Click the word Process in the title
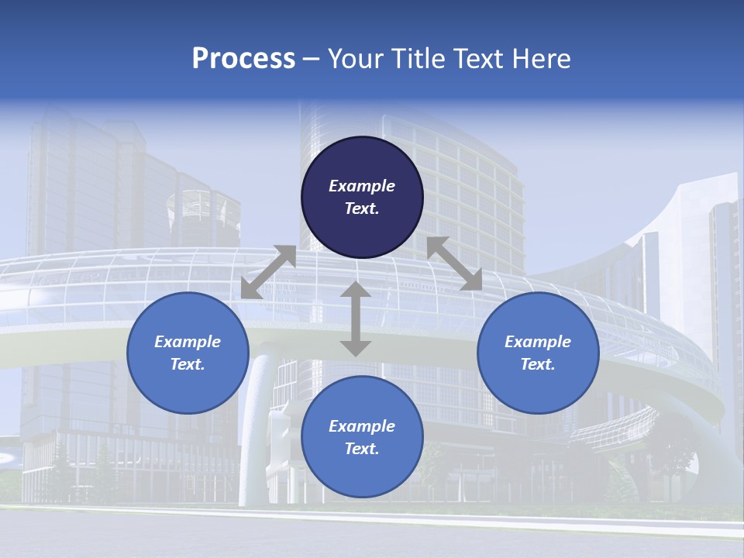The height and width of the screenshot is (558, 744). coord(243,59)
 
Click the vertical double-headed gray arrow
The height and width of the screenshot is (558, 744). coord(356,319)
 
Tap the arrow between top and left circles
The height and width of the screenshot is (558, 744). coord(269,272)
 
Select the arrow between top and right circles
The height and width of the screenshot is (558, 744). coord(455,263)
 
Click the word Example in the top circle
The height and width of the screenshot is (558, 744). coord(362,186)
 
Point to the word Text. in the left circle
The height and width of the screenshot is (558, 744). coord(188,364)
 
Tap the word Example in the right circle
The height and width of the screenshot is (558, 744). coord(538,342)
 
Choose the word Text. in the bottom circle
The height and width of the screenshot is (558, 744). coord(362,449)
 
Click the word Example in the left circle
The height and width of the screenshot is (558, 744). coord(188,342)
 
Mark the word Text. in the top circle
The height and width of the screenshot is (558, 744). coord(362,208)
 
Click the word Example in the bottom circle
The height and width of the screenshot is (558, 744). coord(362,426)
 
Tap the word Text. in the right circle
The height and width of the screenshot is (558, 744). coord(538,364)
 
